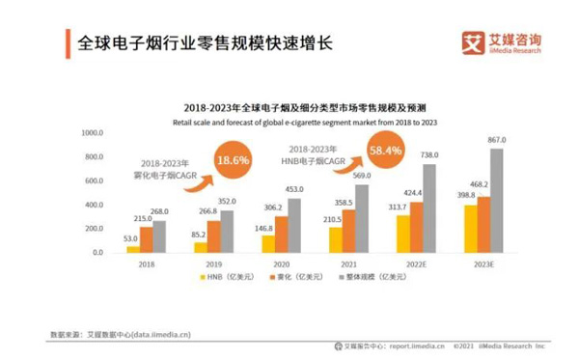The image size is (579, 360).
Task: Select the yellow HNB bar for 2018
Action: pos(132,249)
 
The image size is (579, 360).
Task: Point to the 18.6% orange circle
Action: pos(233,159)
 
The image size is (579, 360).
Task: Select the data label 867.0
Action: pos(497,140)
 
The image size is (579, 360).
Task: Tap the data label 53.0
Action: pos(130,237)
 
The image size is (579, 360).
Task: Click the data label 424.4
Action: pos(416,192)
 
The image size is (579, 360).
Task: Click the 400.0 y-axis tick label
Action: pos(94,205)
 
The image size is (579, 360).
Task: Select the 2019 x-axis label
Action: pos(214,263)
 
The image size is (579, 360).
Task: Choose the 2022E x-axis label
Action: pos(417,263)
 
